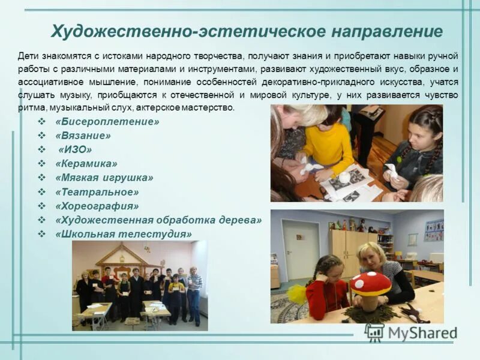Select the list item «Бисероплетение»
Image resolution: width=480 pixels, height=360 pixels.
click(x=107, y=122)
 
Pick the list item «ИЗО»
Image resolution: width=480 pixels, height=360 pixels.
click(x=75, y=149)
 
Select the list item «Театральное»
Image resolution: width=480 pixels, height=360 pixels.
click(x=97, y=192)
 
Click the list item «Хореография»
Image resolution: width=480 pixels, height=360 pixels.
click(x=97, y=206)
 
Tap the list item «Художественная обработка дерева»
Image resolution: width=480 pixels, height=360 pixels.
click(x=158, y=220)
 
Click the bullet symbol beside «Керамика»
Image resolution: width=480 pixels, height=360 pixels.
click(x=42, y=163)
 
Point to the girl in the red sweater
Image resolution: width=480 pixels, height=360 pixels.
click(x=326, y=288)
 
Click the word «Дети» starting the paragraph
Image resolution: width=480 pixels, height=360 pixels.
click(x=28, y=55)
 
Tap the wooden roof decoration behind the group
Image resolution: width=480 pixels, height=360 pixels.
click(x=121, y=255)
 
